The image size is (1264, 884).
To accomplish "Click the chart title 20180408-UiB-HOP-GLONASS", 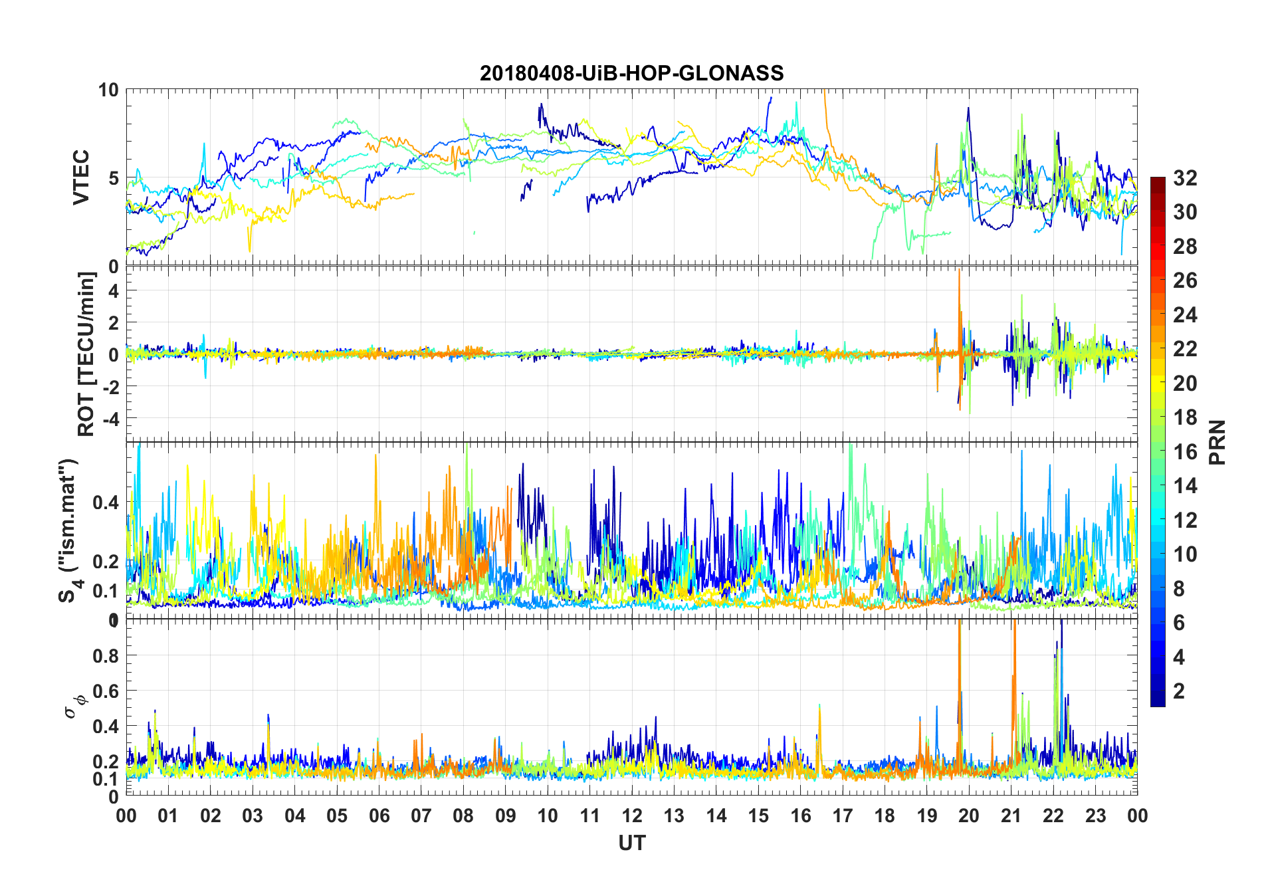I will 631,73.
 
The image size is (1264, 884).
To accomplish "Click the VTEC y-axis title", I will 81,177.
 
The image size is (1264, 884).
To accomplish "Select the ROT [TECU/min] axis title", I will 86,354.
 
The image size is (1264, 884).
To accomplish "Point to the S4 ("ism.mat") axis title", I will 68,530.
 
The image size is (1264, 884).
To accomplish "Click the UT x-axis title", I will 631,843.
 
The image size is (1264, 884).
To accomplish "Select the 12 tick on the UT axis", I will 632,816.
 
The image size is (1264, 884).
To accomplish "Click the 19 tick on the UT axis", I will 927,816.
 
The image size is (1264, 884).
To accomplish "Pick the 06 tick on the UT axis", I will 379,816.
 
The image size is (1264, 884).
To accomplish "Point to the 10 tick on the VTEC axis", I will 108,90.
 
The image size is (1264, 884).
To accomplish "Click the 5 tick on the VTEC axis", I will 114,178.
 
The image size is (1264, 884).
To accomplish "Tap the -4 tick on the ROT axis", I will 110,419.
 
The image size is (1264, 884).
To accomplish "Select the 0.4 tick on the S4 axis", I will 106,502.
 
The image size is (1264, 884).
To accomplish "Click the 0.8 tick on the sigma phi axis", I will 106,656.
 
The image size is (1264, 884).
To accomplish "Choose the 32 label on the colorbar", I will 1185,177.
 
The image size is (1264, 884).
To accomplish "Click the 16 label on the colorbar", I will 1185,452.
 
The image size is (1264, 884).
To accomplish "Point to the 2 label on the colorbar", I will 1179,691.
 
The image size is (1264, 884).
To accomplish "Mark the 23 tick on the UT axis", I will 1095,816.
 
